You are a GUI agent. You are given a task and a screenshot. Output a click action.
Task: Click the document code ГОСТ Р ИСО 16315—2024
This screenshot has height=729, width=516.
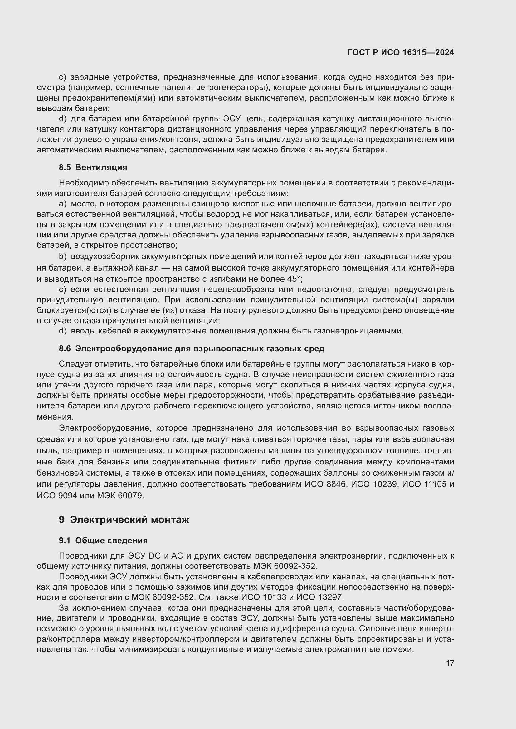pos(401,53)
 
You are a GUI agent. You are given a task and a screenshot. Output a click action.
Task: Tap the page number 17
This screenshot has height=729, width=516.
pos(450,663)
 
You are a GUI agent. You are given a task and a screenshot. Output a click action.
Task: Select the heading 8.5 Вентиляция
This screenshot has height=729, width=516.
pos(93,167)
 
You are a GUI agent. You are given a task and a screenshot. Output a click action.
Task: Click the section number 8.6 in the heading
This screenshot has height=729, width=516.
pos(65,348)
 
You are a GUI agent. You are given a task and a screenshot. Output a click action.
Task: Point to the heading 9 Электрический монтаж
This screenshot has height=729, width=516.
pos(124,520)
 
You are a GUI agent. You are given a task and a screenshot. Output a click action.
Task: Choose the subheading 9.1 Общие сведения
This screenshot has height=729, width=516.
pos(103,540)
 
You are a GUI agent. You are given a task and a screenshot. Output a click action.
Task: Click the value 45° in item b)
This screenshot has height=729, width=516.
pos(293,279)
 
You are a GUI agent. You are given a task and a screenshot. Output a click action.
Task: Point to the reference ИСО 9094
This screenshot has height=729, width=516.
pos(57,495)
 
